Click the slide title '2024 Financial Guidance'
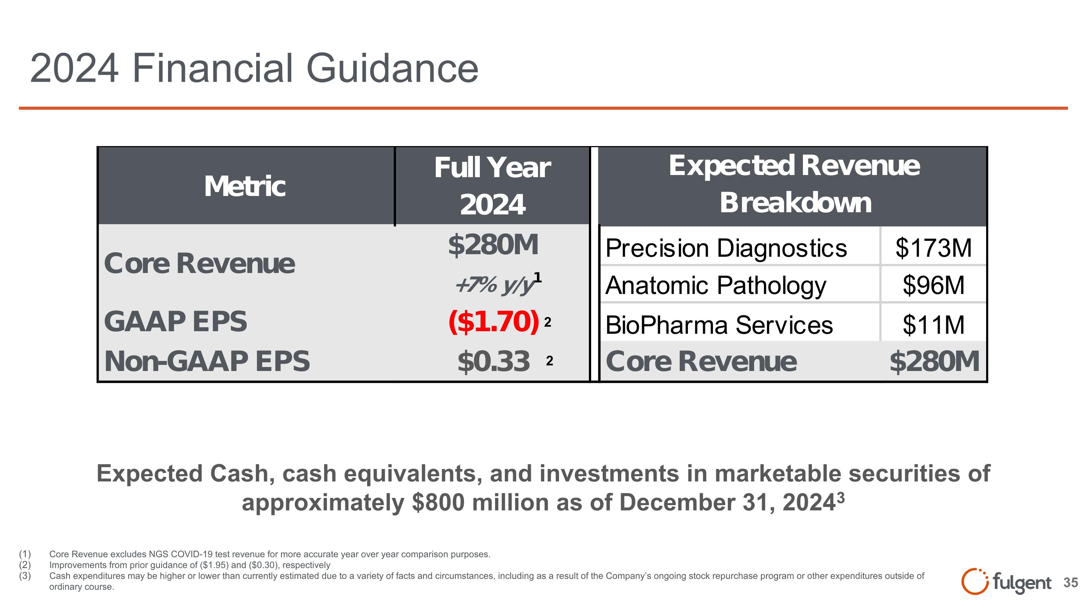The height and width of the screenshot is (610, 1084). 254,68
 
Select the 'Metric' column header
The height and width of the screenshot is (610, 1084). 245,187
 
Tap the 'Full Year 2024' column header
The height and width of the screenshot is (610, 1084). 492,185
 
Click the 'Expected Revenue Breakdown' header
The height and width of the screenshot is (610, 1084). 794,184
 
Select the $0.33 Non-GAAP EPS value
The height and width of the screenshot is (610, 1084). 494,361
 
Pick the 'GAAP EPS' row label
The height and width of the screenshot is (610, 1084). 176,321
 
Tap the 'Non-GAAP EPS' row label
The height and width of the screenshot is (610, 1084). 207,361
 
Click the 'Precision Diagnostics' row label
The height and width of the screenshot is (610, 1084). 726,248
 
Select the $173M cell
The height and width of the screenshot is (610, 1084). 933,248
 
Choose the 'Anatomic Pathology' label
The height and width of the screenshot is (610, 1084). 715,285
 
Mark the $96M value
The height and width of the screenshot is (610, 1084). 933,285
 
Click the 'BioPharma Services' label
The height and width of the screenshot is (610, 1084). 719,325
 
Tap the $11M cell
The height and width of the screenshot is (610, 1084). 933,325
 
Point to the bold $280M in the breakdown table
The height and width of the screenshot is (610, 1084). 934,361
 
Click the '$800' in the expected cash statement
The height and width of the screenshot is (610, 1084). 438,503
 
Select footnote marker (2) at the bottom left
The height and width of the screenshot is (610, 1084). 25,565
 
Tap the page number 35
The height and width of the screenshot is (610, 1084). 1071,583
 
